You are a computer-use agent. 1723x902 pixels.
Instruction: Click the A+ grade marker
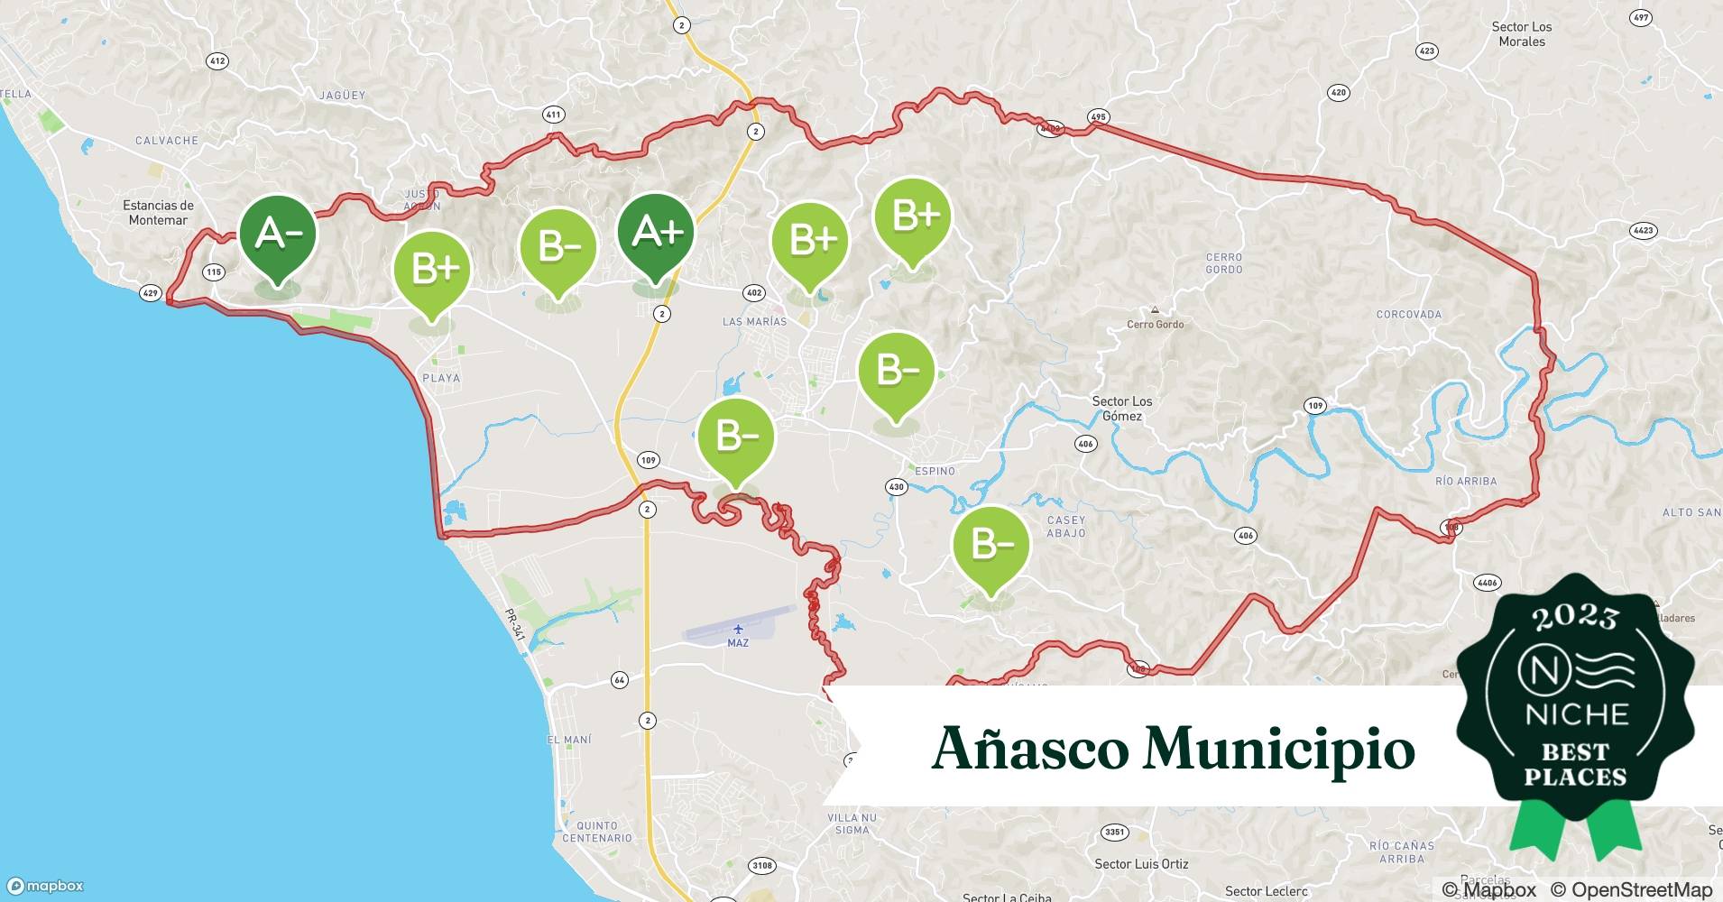coord(656,233)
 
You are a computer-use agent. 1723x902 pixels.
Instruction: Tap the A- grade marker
coord(278,234)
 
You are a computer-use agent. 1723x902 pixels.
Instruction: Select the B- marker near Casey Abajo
coord(990,545)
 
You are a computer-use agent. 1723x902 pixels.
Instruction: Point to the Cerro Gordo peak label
coord(1155,324)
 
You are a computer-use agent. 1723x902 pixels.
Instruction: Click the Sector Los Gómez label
coord(1122,409)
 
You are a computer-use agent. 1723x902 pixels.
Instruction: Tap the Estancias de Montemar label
coord(158,213)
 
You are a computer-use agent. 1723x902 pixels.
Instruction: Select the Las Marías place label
coord(754,321)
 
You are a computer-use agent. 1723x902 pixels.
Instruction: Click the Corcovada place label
coord(1408,314)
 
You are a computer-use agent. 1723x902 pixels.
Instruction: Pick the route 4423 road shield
coord(1644,231)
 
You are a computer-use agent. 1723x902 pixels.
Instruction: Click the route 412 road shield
coord(217,61)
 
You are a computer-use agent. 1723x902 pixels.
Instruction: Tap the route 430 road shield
coord(896,487)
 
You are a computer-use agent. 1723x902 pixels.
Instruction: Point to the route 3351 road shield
coord(1114,832)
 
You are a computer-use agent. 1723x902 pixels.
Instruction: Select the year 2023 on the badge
coord(1575,617)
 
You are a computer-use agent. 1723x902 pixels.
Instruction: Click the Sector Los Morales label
coord(1522,34)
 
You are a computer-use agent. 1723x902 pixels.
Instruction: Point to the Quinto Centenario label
coord(597,832)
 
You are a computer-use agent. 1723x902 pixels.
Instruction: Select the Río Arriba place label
coord(1466,481)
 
